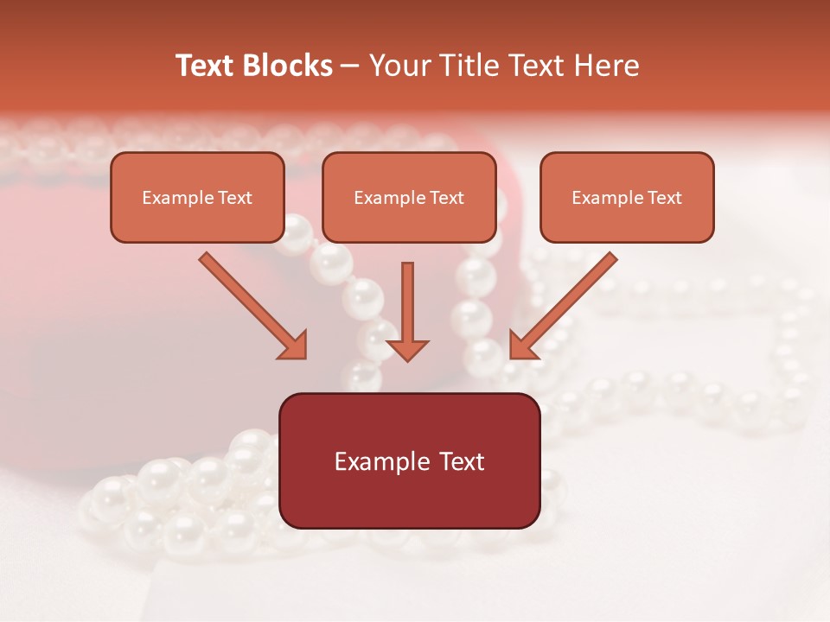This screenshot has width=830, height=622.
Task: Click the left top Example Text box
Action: click(197, 197)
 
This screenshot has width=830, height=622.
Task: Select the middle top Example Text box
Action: click(409, 197)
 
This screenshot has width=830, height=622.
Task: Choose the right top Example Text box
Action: click(627, 197)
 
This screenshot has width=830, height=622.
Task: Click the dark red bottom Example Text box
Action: click(410, 460)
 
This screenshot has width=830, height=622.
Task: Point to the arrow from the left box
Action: click(251, 304)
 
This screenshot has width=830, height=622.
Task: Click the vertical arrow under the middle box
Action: click(407, 307)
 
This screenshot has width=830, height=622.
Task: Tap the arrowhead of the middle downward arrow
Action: click(407, 349)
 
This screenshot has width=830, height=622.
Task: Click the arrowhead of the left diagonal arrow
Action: click(295, 346)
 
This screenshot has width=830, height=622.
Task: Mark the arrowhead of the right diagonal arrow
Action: click(521, 346)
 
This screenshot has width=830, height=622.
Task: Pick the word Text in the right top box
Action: click(664, 198)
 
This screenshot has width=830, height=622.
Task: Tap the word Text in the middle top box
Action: click(446, 198)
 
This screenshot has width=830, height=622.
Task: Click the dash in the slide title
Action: click(350, 67)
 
